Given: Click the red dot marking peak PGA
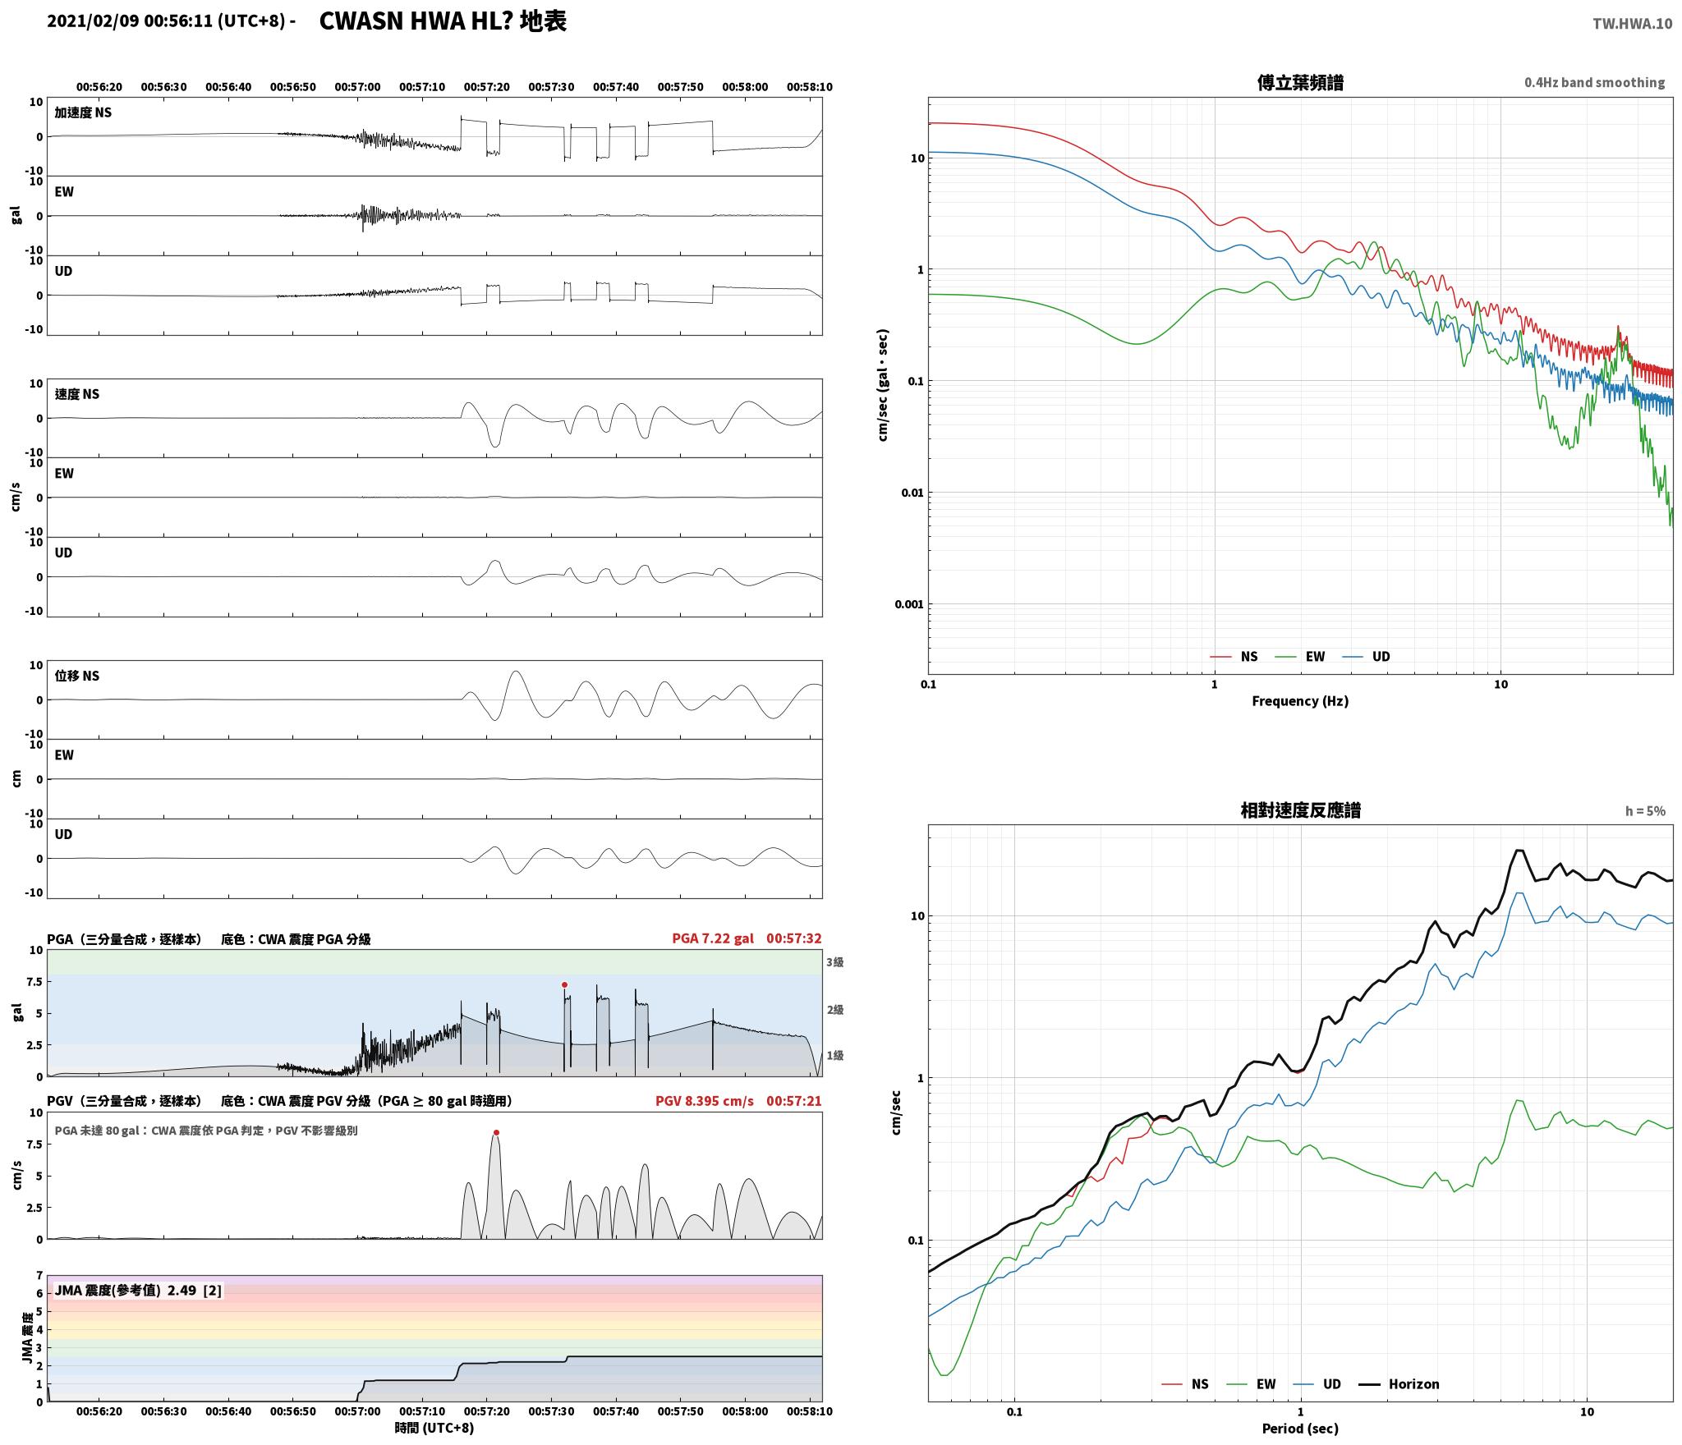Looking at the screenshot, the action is pyautogui.click(x=564, y=984).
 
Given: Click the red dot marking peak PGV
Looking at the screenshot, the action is pyautogui.click(x=496, y=1133).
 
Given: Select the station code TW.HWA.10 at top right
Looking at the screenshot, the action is pyautogui.click(x=1632, y=24).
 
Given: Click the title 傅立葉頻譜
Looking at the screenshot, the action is pyautogui.click(x=1300, y=83).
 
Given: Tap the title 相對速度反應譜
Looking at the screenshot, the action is pyautogui.click(x=1300, y=810).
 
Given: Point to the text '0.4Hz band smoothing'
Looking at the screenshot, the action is pyautogui.click(x=1594, y=83).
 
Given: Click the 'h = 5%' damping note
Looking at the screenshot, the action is pyautogui.click(x=1645, y=811).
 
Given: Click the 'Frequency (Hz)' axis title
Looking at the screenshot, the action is pyautogui.click(x=1300, y=700).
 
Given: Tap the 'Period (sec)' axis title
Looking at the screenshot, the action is pyautogui.click(x=1300, y=1429).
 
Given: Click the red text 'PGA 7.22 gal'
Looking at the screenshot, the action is pyautogui.click(x=712, y=938).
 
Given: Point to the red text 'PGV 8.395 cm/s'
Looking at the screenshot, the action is pyautogui.click(x=704, y=1101).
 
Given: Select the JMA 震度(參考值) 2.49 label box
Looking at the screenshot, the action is pyautogui.click(x=138, y=1291).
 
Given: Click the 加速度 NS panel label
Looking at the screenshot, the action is pyautogui.click(x=83, y=112).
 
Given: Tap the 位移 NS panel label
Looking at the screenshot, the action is pyautogui.click(x=77, y=676).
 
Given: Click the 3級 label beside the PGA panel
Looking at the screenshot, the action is pyautogui.click(x=835, y=961).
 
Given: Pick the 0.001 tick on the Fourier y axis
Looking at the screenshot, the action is pyautogui.click(x=909, y=604).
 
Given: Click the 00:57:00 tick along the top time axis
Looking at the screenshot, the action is pyautogui.click(x=357, y=86).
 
